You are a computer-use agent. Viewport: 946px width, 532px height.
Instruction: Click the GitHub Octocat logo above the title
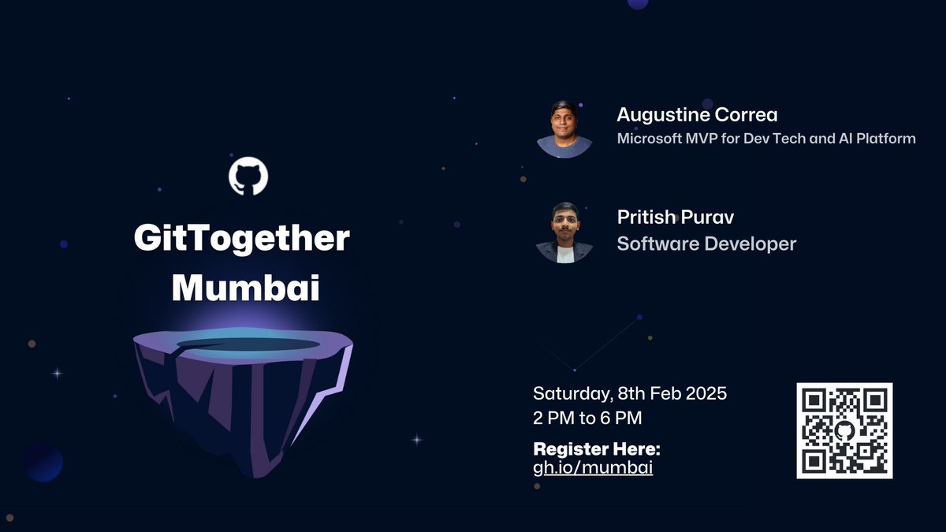coord(248,177)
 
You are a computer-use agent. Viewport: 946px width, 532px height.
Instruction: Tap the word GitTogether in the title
coord(241,239)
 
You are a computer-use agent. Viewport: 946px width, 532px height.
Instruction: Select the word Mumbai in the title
coord(245,288)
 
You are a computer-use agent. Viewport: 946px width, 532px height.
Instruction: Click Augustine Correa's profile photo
coord(564,129)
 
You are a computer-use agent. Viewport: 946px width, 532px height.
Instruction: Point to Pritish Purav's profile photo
coord(564,233)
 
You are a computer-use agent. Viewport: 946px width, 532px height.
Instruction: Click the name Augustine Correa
coord(697,115)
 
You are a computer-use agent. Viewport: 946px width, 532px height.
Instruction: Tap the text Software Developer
coord(706,244)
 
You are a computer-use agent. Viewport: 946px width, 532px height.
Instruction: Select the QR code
coord(844,430)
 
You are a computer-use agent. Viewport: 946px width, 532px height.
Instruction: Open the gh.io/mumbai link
coord(593,467)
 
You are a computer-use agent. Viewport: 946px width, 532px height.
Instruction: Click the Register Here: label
coord(597,449)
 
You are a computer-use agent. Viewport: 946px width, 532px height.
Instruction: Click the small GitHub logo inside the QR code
coord(844,430)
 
